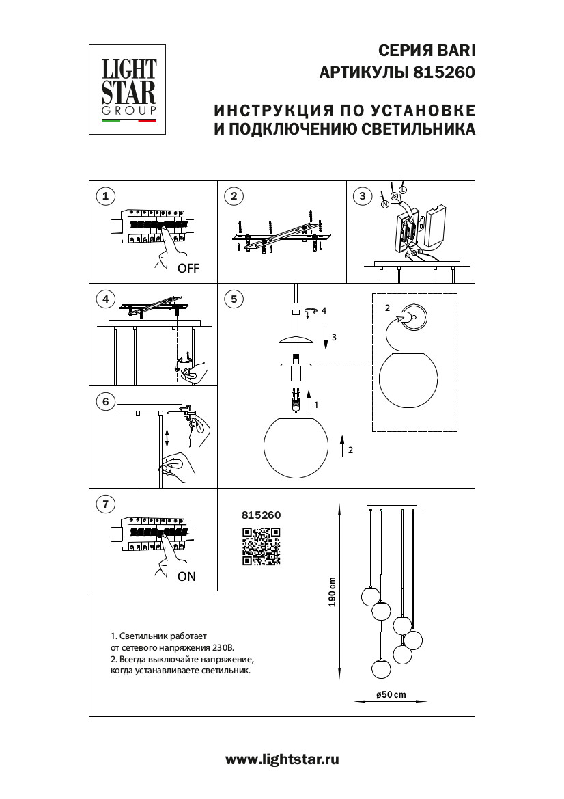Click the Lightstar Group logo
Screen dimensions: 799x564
[x=129, y=90]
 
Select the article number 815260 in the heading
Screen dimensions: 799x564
[x=444, y=72]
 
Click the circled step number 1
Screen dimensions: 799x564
[x=105, y=197]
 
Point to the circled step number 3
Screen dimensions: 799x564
[x=363, y=197]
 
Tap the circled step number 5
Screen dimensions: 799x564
[x=234, y=299]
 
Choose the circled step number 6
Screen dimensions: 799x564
[x=105, y=401]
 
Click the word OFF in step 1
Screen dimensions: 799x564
[x=188, y=269]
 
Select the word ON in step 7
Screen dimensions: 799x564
[x=186, y=576]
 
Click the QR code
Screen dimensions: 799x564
[x=262, y=547]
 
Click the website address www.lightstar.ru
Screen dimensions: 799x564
[x=282, y=759]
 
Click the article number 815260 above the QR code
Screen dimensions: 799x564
[x=262, y=516]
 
